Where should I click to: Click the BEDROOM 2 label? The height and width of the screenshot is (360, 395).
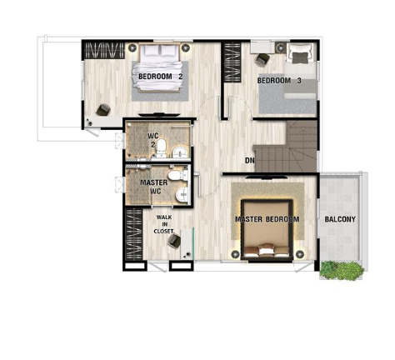click(x=160, y=77)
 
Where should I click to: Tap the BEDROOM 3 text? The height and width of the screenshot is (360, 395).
click(x=279, y=81)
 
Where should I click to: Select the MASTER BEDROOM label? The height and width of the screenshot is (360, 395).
click(x=267, y=219)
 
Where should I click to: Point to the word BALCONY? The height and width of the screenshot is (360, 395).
click(x=340, y=219)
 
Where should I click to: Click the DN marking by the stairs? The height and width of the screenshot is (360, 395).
click(x=249, y=160)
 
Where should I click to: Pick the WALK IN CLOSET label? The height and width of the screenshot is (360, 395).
click(x=164, y=224)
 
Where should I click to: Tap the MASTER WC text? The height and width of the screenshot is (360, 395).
click(x=154, y=187)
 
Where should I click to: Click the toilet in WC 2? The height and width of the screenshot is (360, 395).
click(x=161, y=147)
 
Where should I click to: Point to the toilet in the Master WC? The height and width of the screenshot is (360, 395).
click(x=178, y=176)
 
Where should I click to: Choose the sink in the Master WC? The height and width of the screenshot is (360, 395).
click(x=182, y=194)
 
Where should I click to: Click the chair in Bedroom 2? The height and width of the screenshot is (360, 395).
click(x=103, y=110)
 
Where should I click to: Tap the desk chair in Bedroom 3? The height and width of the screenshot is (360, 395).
click(x=262, y=60)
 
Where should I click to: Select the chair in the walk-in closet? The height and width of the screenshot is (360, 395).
click(x=174, y=241)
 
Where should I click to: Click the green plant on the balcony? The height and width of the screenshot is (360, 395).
click(x=342, y=270)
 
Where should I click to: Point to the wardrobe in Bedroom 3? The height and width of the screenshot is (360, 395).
click(x=232, y=62)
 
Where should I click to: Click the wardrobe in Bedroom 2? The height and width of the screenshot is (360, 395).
click(x=104, y=50)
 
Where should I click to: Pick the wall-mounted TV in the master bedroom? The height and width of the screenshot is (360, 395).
click(x=266, y=176)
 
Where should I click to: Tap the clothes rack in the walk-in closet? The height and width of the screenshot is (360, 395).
click(x=134, y=234)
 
